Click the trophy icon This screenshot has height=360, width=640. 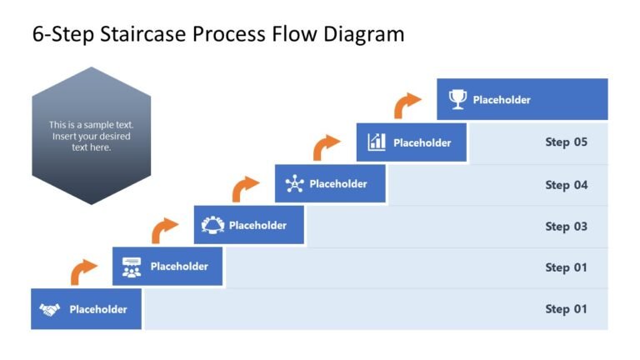click(x=457, y=100)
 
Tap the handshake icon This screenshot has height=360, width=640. click(x=50, y=310)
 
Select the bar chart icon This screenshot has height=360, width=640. click(x=377, y=142)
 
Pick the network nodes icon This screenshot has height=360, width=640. click(x=294, y=184)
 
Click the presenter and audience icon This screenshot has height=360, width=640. click(x=132, y=267)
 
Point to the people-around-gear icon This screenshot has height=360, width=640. click(x=212, y=225)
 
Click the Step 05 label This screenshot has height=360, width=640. click(x=566, y=142)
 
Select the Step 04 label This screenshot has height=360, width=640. click(x=566, y=185)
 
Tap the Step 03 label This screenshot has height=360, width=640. click(x=566, y=227)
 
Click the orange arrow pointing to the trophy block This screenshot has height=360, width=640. click(x=407, y=105)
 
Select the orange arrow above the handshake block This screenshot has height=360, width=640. click(x=83, y=271)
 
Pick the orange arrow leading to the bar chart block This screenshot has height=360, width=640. click(x=327, y=147)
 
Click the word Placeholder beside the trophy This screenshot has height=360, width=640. click(x=502, y=100)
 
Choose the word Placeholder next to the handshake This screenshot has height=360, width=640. click(x=98, y=310)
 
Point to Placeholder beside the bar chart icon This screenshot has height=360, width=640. click(x=422, y=142)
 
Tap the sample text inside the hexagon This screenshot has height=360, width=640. click(x=92, y=136)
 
